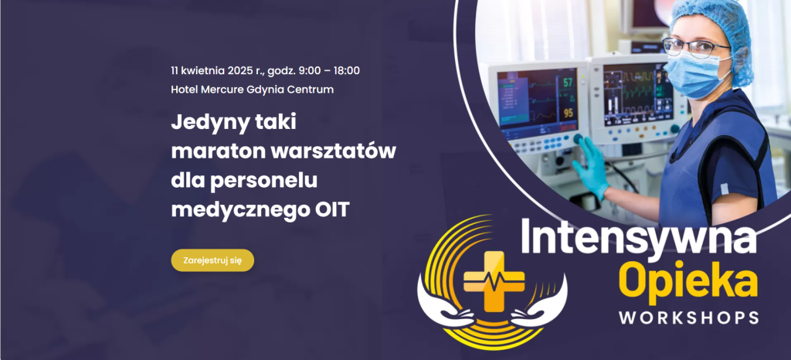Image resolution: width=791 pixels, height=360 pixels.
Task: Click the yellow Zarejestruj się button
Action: point(212,260)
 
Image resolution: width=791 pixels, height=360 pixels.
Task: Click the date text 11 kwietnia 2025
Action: point(212,70)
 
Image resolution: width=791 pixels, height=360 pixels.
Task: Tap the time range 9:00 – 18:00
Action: point(329,70)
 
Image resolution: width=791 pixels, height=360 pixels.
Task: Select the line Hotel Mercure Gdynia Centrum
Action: point(253,90)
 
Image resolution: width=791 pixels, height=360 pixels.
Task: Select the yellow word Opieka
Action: point(688,282)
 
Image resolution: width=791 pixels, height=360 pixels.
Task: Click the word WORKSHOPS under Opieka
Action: point(688,318)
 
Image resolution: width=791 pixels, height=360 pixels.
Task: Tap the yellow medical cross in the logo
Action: point(494,281)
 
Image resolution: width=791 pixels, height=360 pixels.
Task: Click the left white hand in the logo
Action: point(444,304)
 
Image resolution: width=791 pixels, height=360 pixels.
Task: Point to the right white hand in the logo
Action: point(540,304)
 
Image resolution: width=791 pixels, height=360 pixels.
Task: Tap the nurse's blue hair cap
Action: point(716,30)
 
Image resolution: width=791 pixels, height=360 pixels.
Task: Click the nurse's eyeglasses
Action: point(695,47)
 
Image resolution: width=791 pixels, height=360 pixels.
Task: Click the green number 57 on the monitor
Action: point(568,82)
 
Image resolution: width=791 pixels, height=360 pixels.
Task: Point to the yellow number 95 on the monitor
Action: point(569,113)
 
